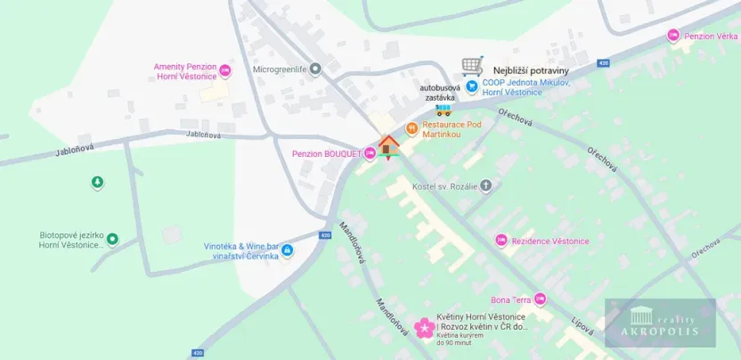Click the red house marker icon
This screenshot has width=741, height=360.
click(x=388, y=146)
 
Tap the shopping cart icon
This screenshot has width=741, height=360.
click(x=472, y=66)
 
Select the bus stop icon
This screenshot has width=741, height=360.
click(x=443, y=110)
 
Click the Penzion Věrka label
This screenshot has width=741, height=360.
click(x=711, y=36)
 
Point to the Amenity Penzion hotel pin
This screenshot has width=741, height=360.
click(x=225, y=69)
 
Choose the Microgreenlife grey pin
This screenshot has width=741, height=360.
click(x=314, y=69)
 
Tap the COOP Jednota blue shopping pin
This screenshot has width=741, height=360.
click(x=472, y=87)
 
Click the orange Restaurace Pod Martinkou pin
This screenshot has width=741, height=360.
click(x=411, y=128)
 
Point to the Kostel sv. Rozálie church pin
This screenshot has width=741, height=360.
click(x=485, y=186)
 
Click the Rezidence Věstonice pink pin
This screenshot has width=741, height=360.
click(x=501, y=241)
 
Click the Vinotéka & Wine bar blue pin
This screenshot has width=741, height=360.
click(x=288, y=250)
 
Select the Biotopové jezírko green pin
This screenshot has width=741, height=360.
click(x=112, y=239)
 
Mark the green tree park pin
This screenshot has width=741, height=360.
click(x=97, y=183)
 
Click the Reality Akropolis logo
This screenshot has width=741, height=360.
click(x=660, y=322)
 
